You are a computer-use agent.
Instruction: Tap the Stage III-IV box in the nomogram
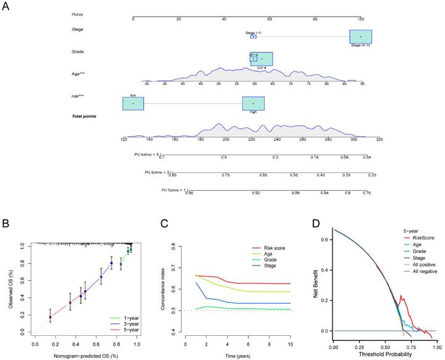coord(360,37)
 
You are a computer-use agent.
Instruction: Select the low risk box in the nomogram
coord(133,103)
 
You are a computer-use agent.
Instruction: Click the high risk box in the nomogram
coord(253,103)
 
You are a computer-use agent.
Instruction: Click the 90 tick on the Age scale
coord(362,83)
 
